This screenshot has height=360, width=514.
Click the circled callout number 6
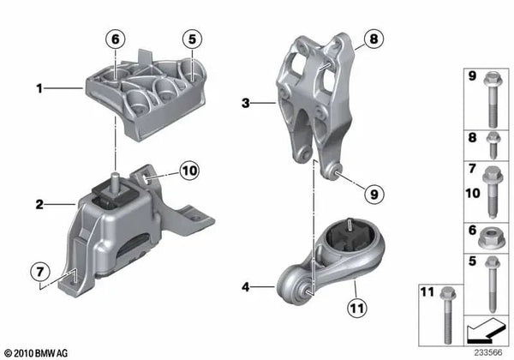[x=116, y=39]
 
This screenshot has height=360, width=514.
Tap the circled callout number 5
[x=192, y=39]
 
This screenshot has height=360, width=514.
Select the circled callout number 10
[x=189, y=171]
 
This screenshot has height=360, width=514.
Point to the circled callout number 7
[x=40, y=272]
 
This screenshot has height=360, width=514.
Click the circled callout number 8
[x=374, y=39]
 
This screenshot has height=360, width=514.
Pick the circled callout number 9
[x=374, y=195]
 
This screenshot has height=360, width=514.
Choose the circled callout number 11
[x=357, y=308]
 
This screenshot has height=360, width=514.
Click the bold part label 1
[x=39, y=88]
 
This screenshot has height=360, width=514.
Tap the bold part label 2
[x=39, y=205]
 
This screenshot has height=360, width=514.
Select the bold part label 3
[x=246, y=103]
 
